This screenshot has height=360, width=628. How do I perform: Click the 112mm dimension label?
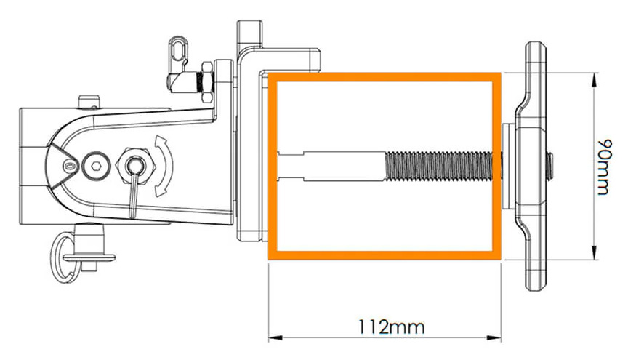[390, 327]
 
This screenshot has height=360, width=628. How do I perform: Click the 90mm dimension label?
[604, 167]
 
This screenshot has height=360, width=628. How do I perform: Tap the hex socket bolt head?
[95, 166]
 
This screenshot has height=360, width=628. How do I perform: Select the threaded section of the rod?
[438, 166]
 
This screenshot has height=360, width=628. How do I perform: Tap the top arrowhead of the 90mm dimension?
[594, 79]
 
